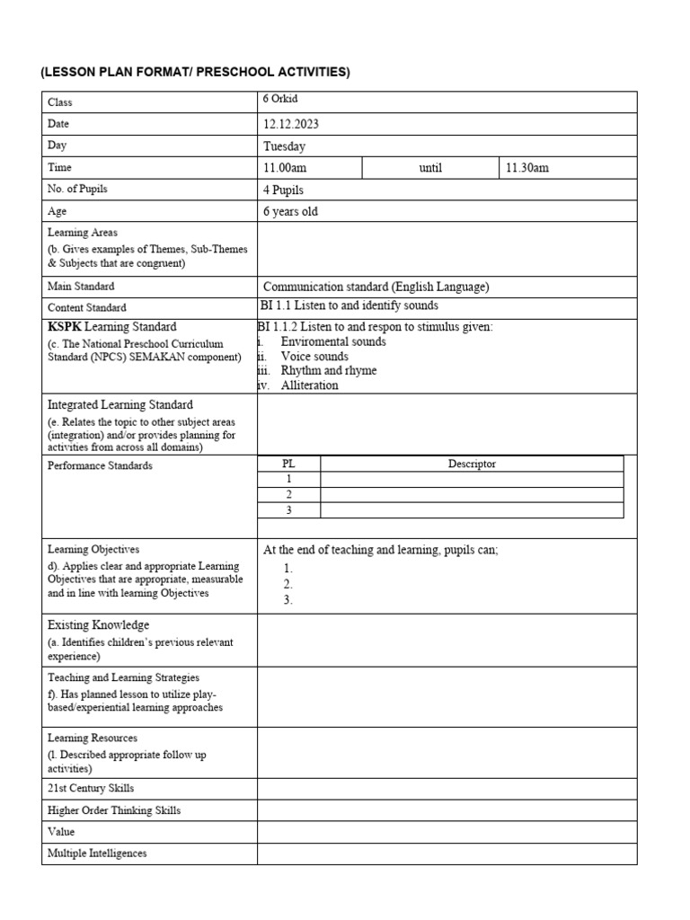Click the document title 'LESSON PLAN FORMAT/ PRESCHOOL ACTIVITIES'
(195, 72)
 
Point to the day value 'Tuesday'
(284, 146)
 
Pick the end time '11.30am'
(526, 168)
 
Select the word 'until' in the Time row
(430, 168)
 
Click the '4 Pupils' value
(283, 190)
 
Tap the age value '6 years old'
(290, 212)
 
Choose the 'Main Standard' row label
(81, 287)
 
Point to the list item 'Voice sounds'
(314, 357)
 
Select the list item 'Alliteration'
(309, 385)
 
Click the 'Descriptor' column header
(472, 464)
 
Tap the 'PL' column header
(288, 464)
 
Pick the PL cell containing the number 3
(288, 509)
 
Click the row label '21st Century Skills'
(91, 788)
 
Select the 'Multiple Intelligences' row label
(97, 854)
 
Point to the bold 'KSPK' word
(65, 326)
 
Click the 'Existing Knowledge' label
(98, 624)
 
